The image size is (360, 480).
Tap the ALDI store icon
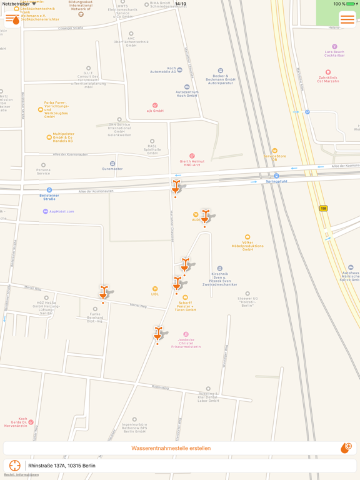pyautogui.click(x=196, y=214)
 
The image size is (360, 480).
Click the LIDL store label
pyautogui.click(x=155, y=294)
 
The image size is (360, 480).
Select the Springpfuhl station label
pyautogui.click(x=276, y=181)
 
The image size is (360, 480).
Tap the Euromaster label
pyautogui.click(x=112, y=169)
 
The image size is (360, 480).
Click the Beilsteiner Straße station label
pyautogui.click(x=49, y=197)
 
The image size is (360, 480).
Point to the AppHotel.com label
pyautogui.click(x=61, y=211)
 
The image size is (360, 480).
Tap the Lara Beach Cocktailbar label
pyautogui.click(x=334, y=54)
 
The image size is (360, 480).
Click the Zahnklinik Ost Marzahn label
pyautogui.click(x=327, y=79)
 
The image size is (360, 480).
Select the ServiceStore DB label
pyautogui.click(x=274, y=157)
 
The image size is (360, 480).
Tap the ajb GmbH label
pyautogui.click(x=155, y=111)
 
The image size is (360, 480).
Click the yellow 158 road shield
pyautogui.click(x=323, y=208)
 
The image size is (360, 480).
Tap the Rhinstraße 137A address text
pyautogui.click(x=62, y=466)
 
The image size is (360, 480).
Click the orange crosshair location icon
pyautogui.click(x=14, y=466)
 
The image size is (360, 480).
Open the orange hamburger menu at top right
pyautogui.click(x=347, y=20)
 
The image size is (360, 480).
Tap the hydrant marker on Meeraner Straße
pyautogui.click(x=104, y=292)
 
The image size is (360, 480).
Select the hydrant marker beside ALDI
pyautogui.click(x=205, y=216)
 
